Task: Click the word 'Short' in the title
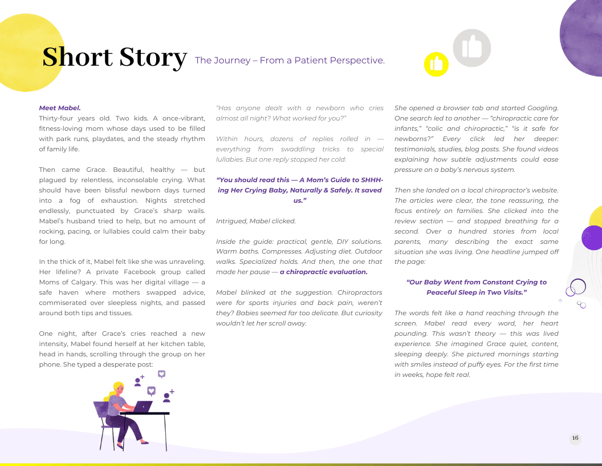pyautogui.click(x=78, y=57)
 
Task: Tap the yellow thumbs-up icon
pyautogui.click(x=436, y=64)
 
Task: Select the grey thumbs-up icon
pyautogui.click(x=471, y=47)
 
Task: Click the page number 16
pyautogui.click(x=575, y=439)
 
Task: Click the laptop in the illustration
pyautogui.click(x=143, y=407)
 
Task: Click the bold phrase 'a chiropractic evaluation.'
pyautogui.click(x=323, y=272)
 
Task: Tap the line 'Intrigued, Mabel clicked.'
pyautogui.click(x=255, y=220)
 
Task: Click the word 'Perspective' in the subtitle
pyautogui.click(x=356, y=60)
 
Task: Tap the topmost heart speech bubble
pyautogui.click(x=162, y=374)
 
